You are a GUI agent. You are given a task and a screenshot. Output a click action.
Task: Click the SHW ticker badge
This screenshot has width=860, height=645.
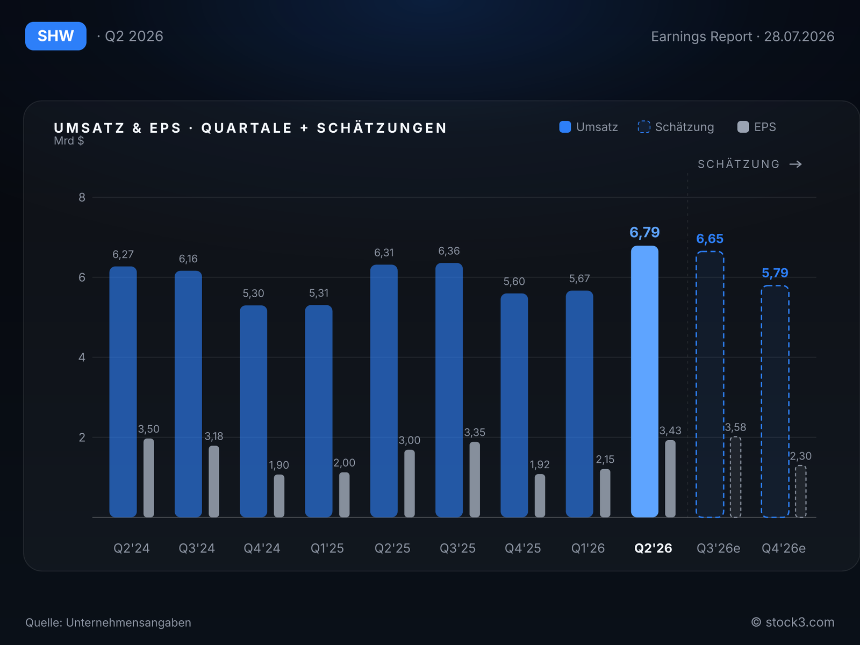[56, 36]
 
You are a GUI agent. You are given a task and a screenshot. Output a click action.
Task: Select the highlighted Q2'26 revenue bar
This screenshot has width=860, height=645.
[644, 382]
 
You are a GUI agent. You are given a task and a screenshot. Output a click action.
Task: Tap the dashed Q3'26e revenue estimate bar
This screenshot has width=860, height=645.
[709, 384]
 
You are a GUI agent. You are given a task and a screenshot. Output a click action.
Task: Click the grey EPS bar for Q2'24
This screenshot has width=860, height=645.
[148, 478]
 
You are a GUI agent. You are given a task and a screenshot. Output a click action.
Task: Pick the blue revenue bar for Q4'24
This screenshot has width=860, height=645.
[253, 411]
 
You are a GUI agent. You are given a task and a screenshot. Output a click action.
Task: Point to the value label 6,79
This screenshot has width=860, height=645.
[644, 233]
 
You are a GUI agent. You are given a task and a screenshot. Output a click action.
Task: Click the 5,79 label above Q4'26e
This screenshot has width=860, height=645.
[775, 273]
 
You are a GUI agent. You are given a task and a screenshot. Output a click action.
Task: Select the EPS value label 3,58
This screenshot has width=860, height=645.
[735, 427]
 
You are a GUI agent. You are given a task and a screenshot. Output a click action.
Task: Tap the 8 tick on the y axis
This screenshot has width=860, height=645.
[82, 197]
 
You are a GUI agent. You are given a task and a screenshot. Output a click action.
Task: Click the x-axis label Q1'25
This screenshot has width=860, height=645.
[327, 548]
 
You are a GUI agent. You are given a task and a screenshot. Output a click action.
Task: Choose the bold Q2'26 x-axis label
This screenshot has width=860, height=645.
[653, 548]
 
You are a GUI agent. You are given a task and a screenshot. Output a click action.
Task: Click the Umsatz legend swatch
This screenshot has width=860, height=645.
[565, 127]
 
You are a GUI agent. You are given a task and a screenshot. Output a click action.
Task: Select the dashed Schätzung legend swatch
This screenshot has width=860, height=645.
[644, 127]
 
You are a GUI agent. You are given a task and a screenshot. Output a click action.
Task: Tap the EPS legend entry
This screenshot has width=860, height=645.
[757, 127]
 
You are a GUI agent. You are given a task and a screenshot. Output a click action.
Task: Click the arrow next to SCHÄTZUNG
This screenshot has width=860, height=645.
[795, 164]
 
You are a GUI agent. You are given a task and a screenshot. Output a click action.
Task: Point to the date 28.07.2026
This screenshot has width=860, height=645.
[799, 37]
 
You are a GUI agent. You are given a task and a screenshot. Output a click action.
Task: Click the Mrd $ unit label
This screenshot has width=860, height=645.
[69, 141]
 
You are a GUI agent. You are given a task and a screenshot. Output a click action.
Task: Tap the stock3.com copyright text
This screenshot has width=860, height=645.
[793, 622]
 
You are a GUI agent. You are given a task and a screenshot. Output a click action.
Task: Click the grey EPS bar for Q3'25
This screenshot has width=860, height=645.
[475, 480]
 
